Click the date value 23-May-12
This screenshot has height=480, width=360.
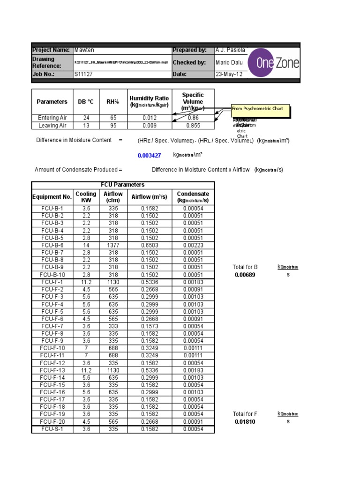229,75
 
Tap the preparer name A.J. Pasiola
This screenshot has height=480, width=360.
230,50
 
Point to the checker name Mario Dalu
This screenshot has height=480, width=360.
229,62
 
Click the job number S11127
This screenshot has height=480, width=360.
84,75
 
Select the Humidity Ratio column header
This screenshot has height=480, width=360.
149,102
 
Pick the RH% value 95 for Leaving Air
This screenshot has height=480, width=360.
112,126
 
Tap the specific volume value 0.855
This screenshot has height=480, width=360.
193,126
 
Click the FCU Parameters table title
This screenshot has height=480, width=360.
123,185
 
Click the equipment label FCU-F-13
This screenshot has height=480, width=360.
52,370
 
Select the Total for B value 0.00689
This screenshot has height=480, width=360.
245,275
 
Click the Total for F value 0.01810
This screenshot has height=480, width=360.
245,422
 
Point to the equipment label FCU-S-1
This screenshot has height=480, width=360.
52,429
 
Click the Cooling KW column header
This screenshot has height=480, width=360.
86,197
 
